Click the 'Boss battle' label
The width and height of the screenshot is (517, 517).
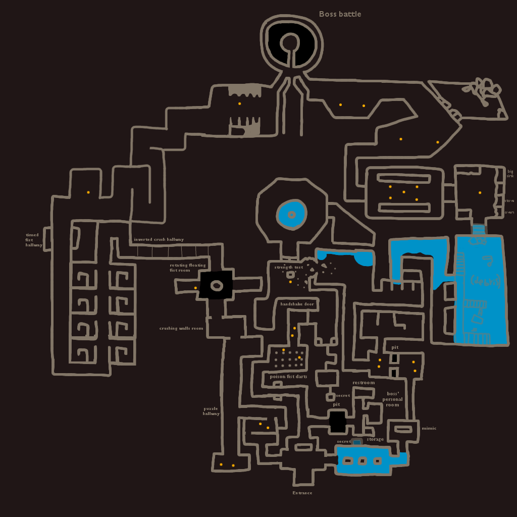point(340,14)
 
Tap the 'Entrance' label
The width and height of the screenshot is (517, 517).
point(302,493)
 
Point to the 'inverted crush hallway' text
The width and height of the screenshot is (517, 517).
point(159,239)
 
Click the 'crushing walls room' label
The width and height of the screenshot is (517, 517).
point(181,328)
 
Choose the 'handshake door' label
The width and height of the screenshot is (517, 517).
point(297,304)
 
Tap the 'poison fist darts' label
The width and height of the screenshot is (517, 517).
point(288,377)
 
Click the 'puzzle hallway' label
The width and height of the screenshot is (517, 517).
point(211,411)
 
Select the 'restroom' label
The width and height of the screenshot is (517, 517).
point(364,383)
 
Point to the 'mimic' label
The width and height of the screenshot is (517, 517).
point(429,428)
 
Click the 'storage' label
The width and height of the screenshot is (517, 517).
point(375,439)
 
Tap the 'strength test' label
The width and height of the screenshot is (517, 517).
point(289,267)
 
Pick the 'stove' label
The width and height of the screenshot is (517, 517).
point(509,200)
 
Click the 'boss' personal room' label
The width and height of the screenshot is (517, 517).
point(392,399)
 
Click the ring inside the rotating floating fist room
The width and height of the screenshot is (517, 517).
point(217,286)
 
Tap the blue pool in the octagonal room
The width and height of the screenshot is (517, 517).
point(291,215)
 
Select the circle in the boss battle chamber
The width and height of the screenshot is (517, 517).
point(289,42)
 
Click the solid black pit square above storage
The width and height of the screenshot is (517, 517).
point(337,422)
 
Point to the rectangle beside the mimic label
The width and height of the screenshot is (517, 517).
point(403,429)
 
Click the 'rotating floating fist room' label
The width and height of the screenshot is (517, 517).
point(188,268)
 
